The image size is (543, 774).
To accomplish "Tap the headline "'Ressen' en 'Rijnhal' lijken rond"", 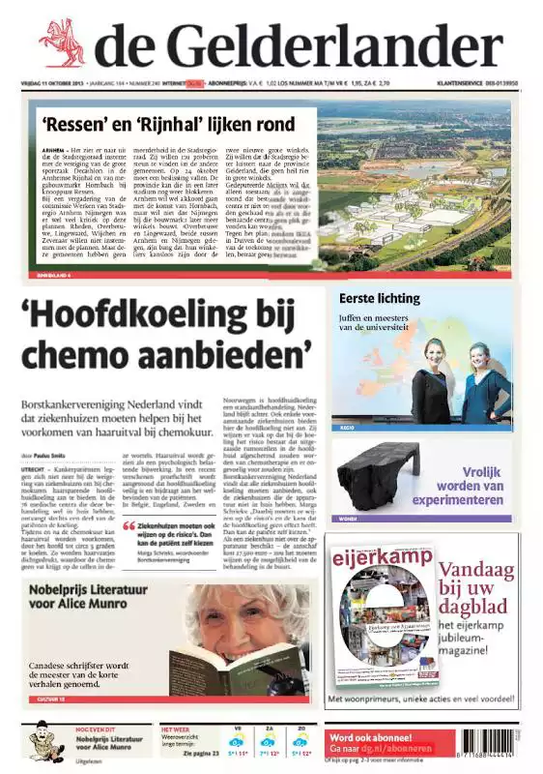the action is (x=179, y=124).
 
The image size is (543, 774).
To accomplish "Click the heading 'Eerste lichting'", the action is (x=380, y=298).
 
